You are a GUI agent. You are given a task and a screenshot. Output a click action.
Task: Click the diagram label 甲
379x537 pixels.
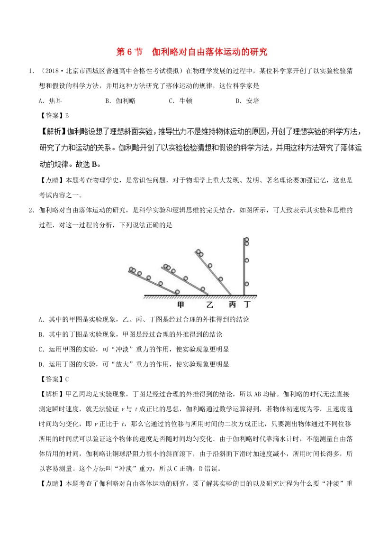point(180,304)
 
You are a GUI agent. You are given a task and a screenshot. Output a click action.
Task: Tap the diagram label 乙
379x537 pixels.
point(209,304)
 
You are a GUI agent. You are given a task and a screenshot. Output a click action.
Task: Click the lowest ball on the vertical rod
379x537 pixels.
point(246,284)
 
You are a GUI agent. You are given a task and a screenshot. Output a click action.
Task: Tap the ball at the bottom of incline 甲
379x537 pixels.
point(177,292)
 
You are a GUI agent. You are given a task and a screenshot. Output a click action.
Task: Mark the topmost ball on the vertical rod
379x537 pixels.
point(246,240)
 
